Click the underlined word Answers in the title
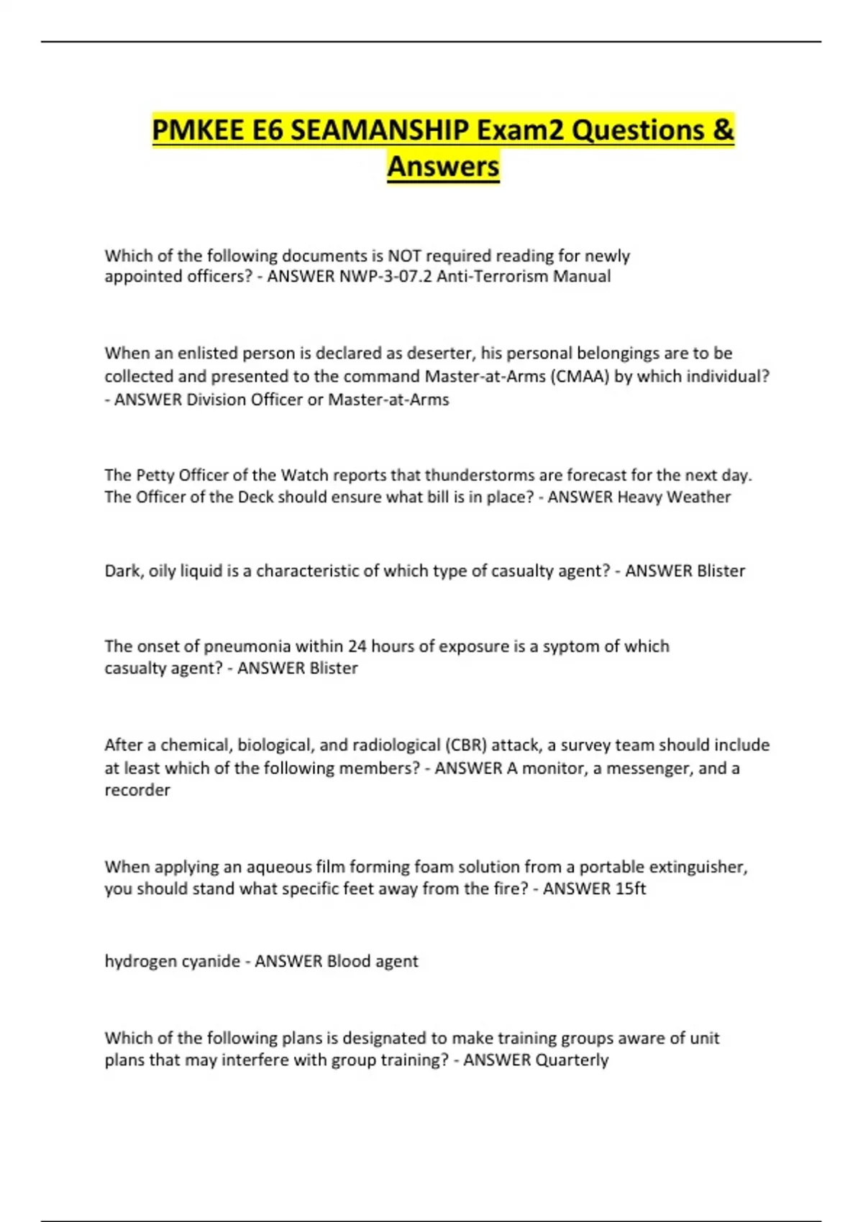click(x=443, y=167)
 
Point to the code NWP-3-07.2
click(x=385, y=277)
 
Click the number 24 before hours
click(x=357, y=646)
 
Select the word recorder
click(x=137, y=790)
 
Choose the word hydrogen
click(x=137, y=962)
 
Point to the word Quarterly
click(x=572, y=1060)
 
